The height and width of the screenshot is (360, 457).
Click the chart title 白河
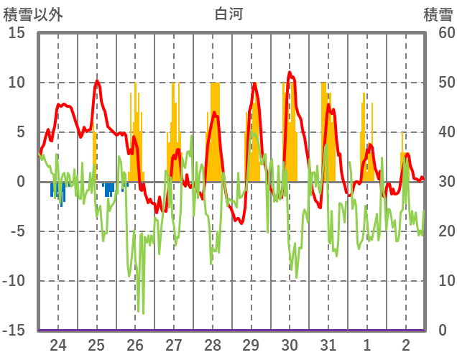[228, 14]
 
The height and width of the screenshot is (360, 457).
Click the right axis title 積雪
[438, 14]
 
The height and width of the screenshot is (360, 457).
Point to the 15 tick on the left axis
[17, 33]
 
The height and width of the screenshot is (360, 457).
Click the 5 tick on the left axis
[21, 132]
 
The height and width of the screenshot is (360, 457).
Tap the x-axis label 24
[58, 344]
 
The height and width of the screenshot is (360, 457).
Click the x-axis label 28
[213, 344]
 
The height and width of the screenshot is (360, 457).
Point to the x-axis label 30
[290, 344]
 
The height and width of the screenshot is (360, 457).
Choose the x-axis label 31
[328, 344]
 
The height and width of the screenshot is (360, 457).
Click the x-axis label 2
[406, 344]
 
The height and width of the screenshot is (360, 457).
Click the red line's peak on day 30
[290, 72]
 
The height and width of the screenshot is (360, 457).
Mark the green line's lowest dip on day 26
[142, 313]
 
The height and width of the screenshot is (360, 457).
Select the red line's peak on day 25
[97, 81]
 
